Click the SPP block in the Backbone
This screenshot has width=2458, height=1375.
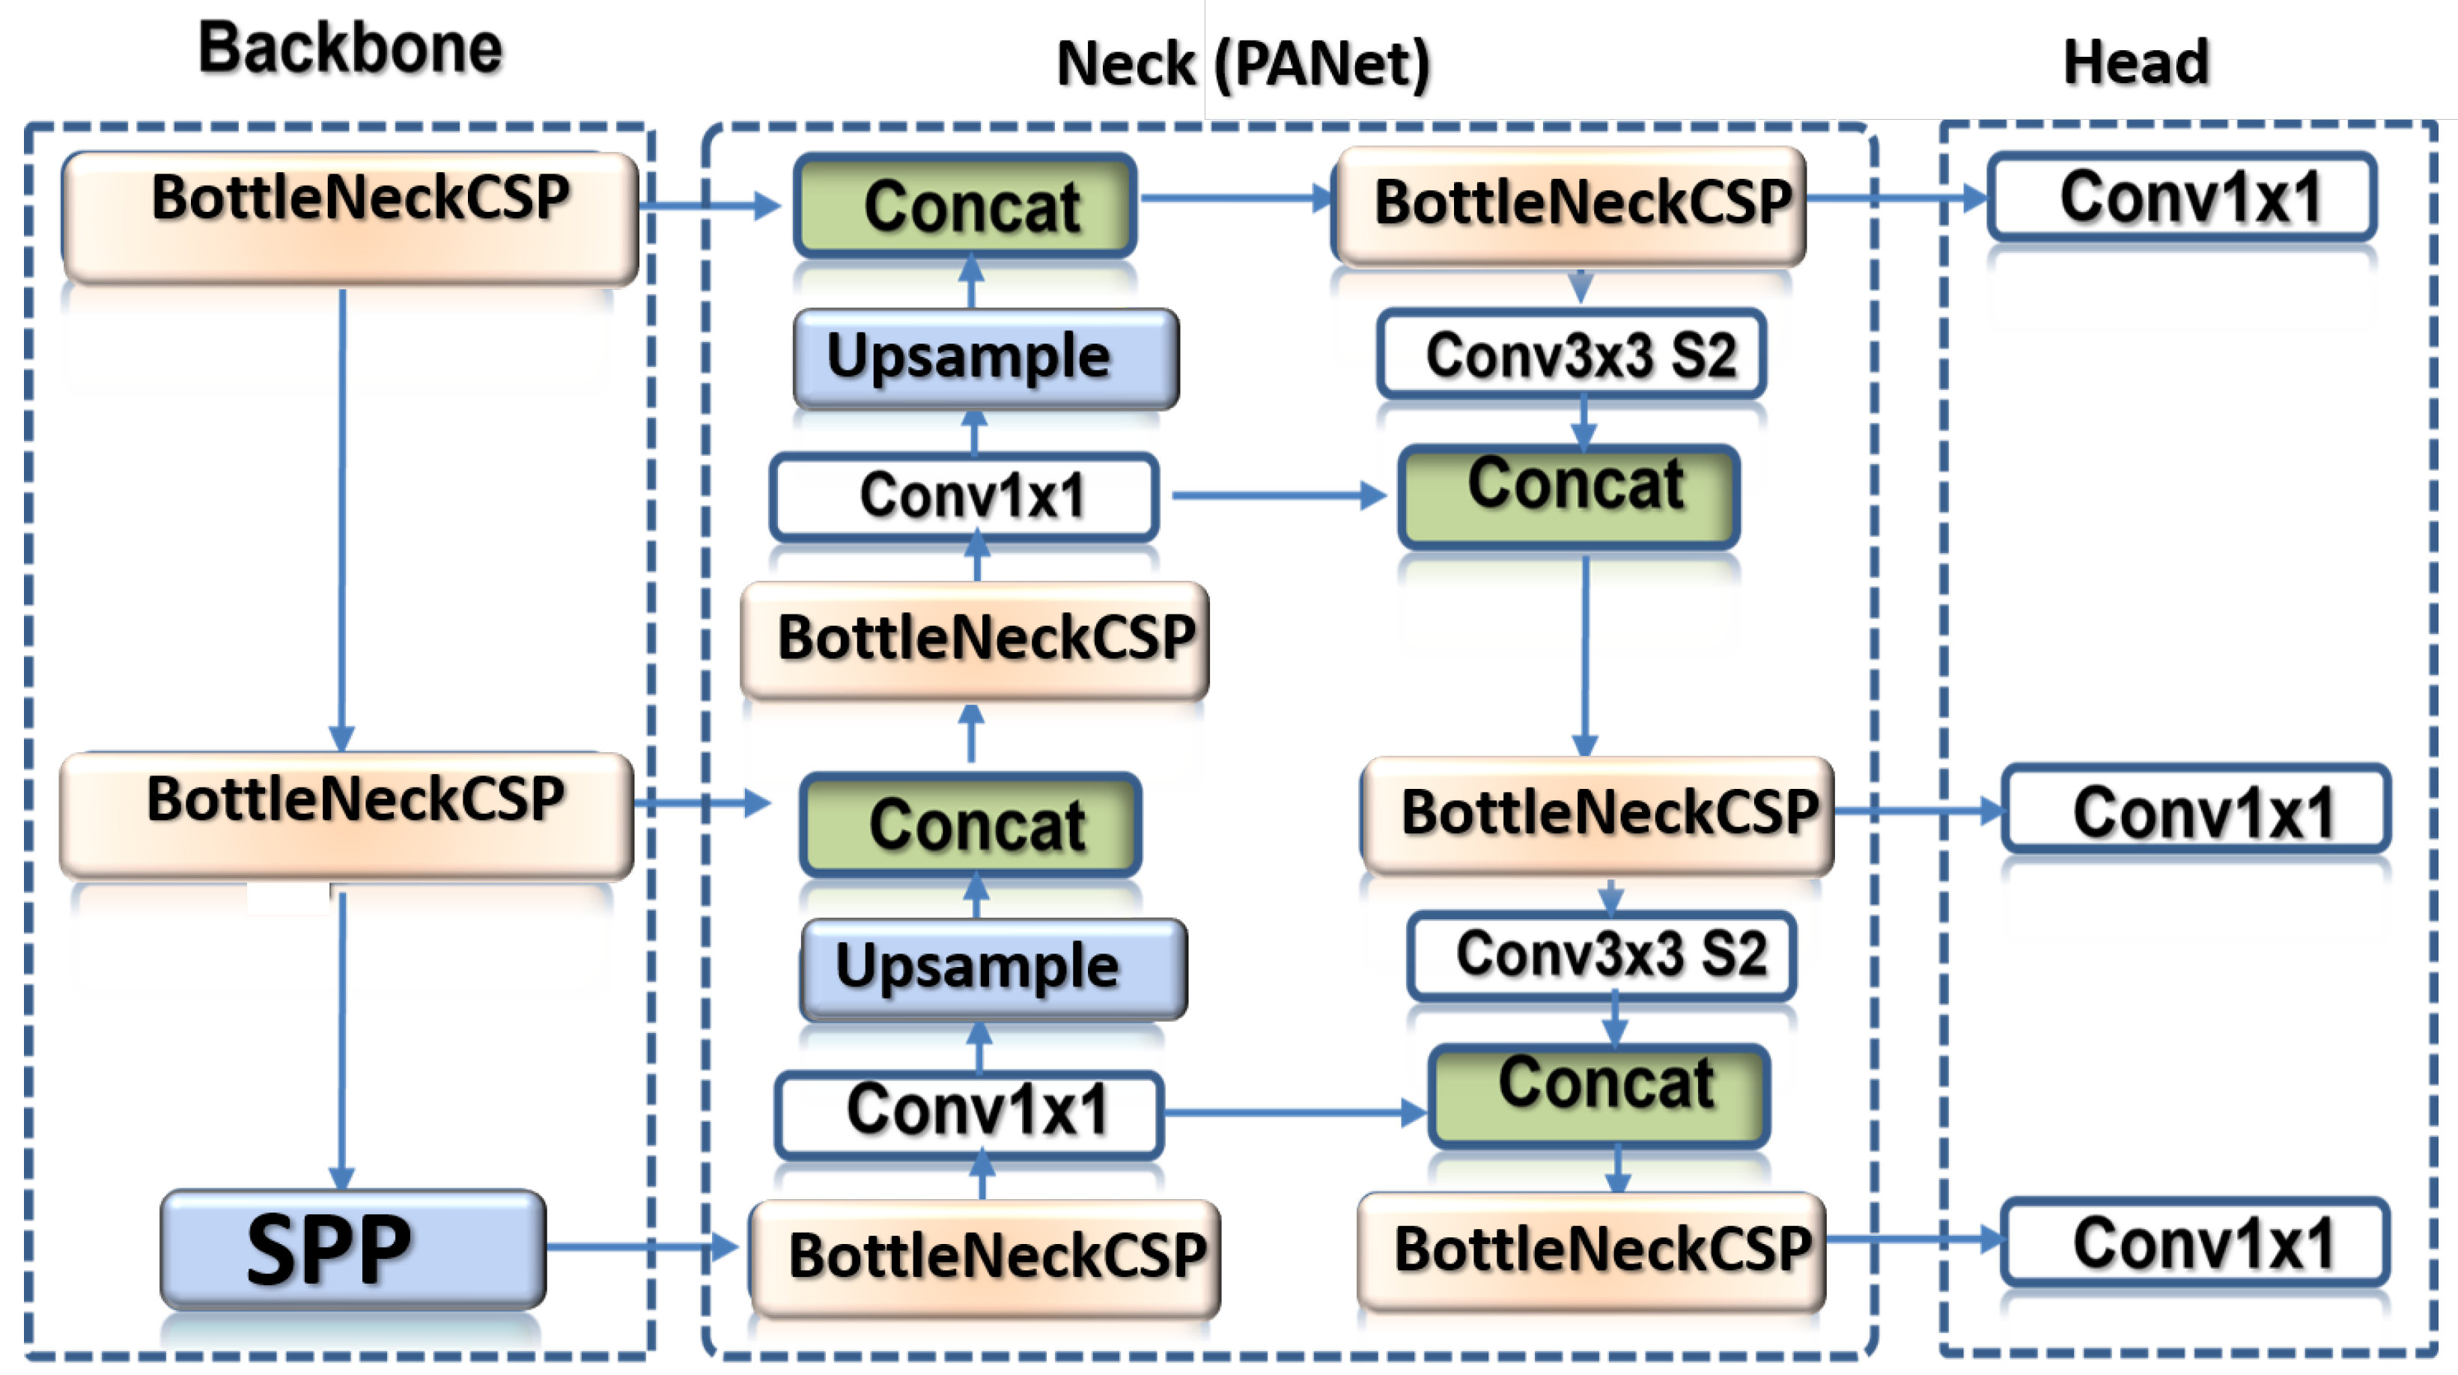(x=353, y=1248)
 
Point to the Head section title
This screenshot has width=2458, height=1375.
(x=2135, y=62)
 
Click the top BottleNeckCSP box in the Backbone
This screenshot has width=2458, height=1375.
(x=350, y=218)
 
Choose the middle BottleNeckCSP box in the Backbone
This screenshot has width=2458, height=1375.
(x=347, y=814)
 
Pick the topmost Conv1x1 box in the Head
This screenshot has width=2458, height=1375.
(x=2182, y=198)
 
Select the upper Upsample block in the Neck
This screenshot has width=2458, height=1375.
(x=987, y=358)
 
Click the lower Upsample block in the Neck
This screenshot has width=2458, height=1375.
(x=994, y=969)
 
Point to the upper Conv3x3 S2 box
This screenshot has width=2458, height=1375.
(x=1572, y=354)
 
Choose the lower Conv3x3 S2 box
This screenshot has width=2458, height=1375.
(x=1602, y=955)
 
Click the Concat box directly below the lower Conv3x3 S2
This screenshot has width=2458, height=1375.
(x=1599, y=1094)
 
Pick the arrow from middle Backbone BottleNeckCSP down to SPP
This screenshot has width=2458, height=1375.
(x=341, y=1040)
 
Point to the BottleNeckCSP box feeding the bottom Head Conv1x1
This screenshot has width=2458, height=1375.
(x=1592, y=1250)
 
